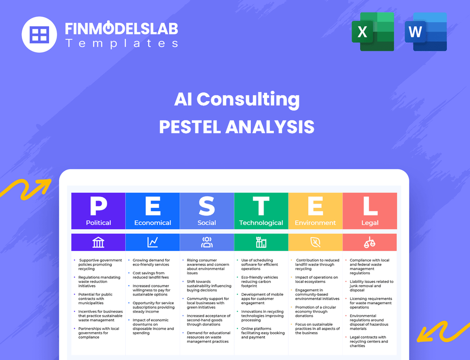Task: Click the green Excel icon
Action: [x=373, y=32]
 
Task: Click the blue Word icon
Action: [x=425, y=32]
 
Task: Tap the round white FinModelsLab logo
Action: [x=39, y=34]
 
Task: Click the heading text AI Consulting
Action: [x=237, y=99]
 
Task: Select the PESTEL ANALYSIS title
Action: [x=237, y=127]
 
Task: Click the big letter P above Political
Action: [x=98, y=206]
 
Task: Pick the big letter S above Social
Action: [x=207, y=206]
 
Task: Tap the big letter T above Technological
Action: [x=261, y=206]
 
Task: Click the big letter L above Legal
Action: [x=370, y=206]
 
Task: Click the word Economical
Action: [x=153, y=223]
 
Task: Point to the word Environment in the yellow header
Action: [x=315, y=223]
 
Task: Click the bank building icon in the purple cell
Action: [x=98, y=242]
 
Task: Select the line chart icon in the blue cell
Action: [x=153, y=242]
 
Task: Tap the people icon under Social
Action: [x=207, y=242]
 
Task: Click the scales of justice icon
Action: [x=370, y=242]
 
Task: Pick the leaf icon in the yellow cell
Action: [x=315, y=242]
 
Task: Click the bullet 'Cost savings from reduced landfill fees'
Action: [x=149, y=275]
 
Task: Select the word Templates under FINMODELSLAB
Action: [x=121, y=43]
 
